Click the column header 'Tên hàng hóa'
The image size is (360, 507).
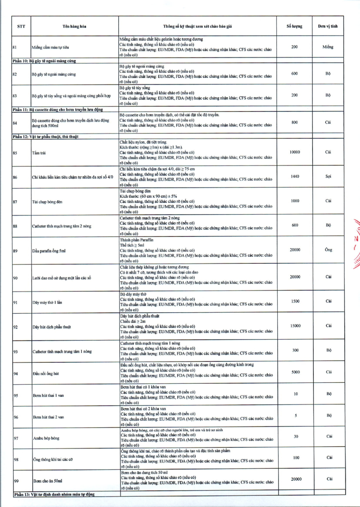click(x=74, y=27)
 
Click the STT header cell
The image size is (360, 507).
click(x=21, y=27)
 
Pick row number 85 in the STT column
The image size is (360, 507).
click(x=15, y=153)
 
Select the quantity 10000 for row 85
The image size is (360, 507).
click(x=295, y=152)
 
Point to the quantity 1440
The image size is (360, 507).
click(x=295, y=177)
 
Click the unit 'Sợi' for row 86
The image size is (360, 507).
click(x=328, y=177)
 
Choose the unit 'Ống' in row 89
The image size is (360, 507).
click(x=328, y=250)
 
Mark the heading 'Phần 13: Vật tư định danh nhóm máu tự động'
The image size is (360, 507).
click(x=54, y=494)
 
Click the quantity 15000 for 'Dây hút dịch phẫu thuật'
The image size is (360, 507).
click(x=295, y=325)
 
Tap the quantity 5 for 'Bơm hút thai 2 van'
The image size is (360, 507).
click(x=295, y=416)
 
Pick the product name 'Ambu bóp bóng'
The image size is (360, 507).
click(x=46, y=438)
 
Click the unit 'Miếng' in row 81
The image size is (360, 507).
click(x=328, y=47)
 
